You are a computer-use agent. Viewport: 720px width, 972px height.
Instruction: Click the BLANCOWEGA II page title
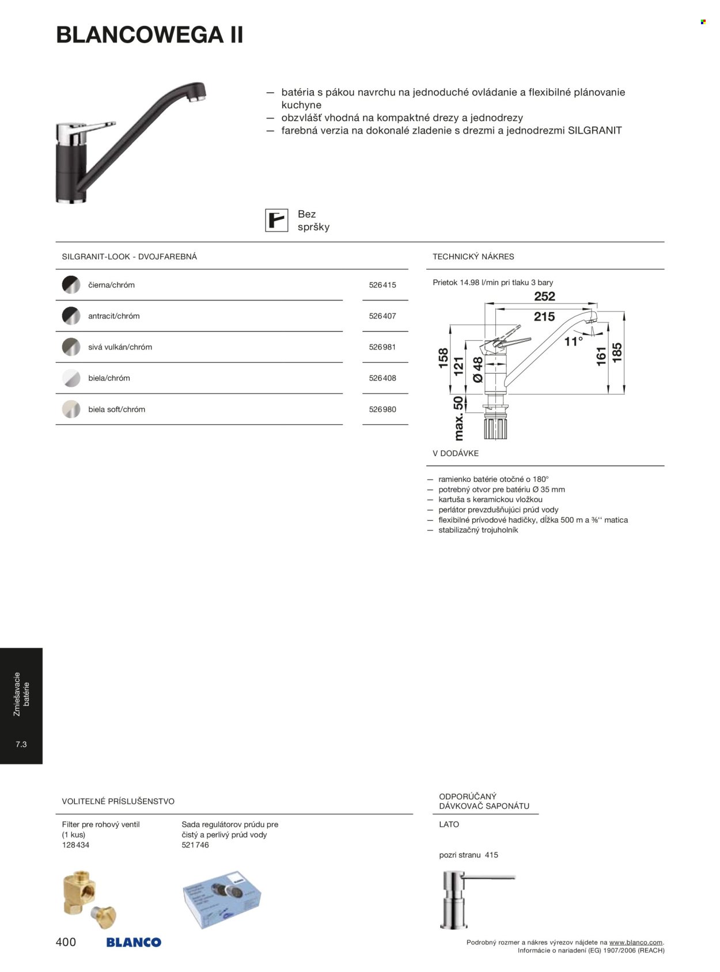tap(150, 35)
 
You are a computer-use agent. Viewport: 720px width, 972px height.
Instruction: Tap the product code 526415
tap(382, 285)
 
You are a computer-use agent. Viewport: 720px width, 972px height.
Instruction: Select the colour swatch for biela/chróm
tap(71, 378)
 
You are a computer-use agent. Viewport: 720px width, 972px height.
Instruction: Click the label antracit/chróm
tap(113, 316)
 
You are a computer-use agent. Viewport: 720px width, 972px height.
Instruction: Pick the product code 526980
tap(382, 409)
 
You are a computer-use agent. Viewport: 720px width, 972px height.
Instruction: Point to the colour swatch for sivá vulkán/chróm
tap(71, 347)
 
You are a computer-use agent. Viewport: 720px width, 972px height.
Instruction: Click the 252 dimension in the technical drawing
tap(544, 297)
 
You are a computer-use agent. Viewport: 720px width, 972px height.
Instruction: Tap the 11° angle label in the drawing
tap(573, 341)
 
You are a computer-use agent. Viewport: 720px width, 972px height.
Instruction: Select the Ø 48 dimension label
tap(478, 369)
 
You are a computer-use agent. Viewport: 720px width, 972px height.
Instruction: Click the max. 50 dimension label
tap(458, 418)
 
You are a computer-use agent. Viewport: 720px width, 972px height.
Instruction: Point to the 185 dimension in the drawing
tap(617, 353)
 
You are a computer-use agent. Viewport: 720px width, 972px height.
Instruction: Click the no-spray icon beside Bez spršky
tap(276, 221)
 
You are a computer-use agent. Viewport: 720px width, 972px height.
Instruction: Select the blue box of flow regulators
tap(222, 898)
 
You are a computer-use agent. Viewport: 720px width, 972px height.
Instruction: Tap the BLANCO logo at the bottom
tap(134, 943)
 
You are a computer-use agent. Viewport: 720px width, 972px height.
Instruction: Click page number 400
tap(66, 942)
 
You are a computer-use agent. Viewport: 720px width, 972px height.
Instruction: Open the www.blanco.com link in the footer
tap(636, 943)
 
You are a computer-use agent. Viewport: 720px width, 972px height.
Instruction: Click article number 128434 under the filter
tap(75, 845)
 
